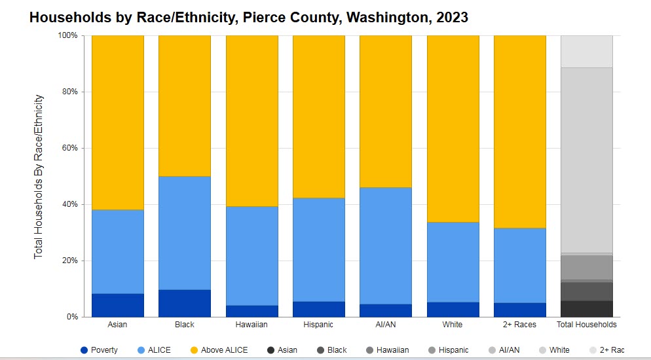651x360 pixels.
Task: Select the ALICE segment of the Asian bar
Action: (x=118, y=251)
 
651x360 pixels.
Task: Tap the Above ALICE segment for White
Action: (x=453, y=128)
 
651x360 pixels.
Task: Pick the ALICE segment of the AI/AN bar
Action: (x=386, y=245)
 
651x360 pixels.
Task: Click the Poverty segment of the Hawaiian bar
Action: (x=252, y=311)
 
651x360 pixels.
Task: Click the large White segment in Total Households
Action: (x=587, y=160)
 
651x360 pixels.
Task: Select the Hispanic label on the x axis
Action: (x=319, y=325)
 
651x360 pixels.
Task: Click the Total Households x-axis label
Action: (x=587, y=325)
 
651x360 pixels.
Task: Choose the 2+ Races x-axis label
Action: (x=520, y=325)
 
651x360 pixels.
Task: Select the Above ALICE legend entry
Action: (x=219, y=350)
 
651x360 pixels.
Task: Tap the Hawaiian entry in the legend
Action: (x=388, y=350)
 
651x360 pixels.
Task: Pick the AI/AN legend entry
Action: (x=504, y=350)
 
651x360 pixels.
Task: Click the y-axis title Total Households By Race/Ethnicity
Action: (x=39, y=175)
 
